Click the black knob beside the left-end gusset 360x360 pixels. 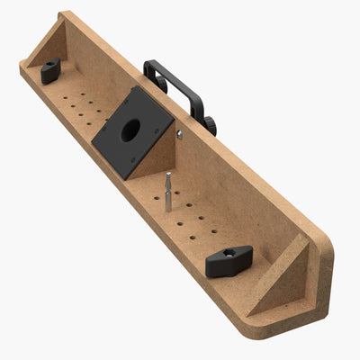tap(49, 67)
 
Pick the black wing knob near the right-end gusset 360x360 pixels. tap(229, 262)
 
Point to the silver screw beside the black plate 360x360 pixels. tap(180, 135)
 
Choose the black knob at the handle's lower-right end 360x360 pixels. tap(210, 125)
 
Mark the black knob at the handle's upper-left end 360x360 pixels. tap(159, 84)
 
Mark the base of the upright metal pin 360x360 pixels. tap(167, 210)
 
